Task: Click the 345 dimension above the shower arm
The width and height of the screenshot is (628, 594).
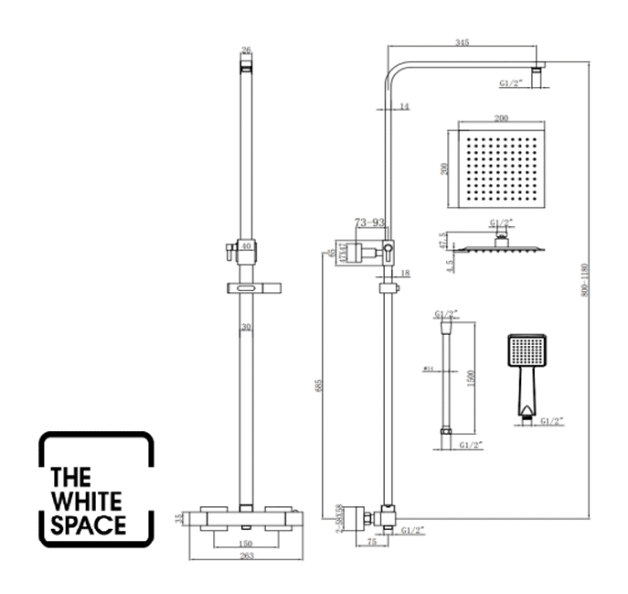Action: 463,42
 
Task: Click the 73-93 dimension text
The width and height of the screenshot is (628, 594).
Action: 374,222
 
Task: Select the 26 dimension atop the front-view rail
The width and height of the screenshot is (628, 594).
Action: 245,50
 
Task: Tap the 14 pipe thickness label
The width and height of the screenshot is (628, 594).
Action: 404,107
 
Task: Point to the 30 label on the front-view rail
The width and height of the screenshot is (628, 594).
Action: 246,328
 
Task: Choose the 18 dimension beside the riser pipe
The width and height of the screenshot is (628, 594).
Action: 405,274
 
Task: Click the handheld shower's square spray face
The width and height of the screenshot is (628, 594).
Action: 526,351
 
